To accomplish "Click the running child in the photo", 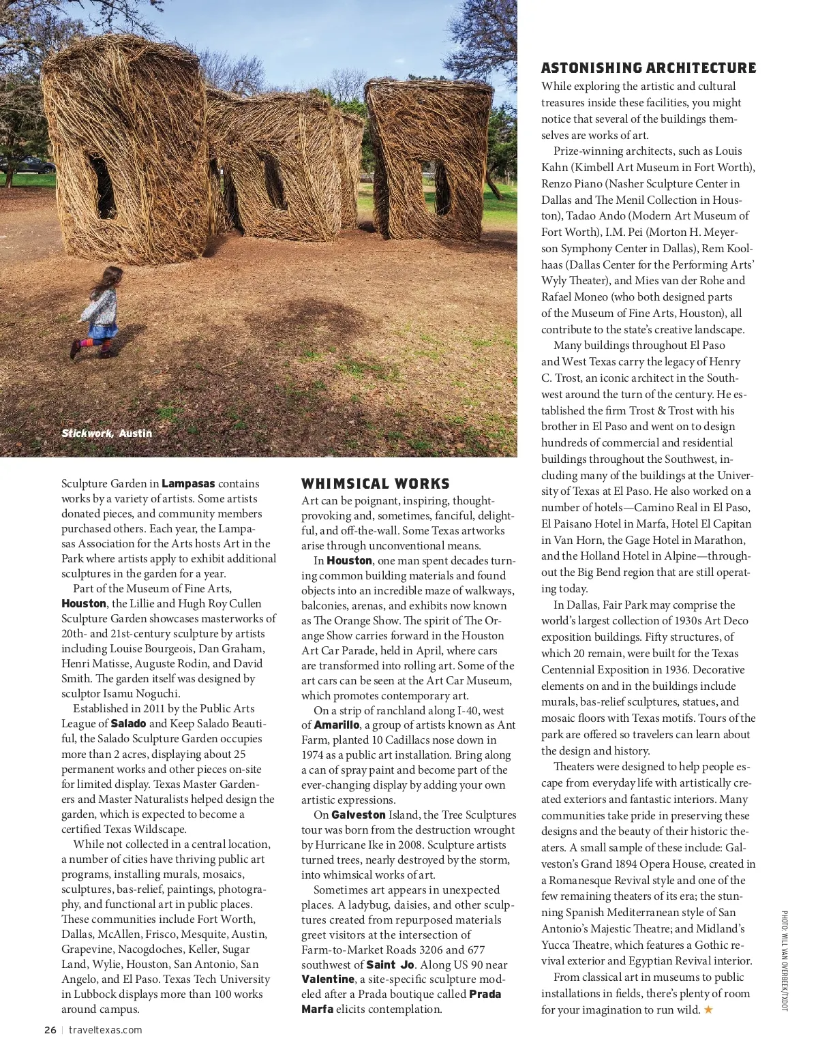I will [100, 312].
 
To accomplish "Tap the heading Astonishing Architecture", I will [648, 68].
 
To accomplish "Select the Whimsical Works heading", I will [376, 484].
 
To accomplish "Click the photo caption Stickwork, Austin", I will [107, 434].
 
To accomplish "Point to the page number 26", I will [50, 1030].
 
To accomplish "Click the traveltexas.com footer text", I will [106, 1030].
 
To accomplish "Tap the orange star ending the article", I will [708, 1010].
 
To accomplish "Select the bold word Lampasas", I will [188, 483].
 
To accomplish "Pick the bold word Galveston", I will [359, 815].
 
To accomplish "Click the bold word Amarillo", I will [336, 725].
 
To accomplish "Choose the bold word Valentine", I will [328, 979].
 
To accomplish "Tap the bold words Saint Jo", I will [390, 965].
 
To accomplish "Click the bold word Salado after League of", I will [128, 723].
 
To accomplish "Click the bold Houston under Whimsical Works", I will [349, 560].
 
